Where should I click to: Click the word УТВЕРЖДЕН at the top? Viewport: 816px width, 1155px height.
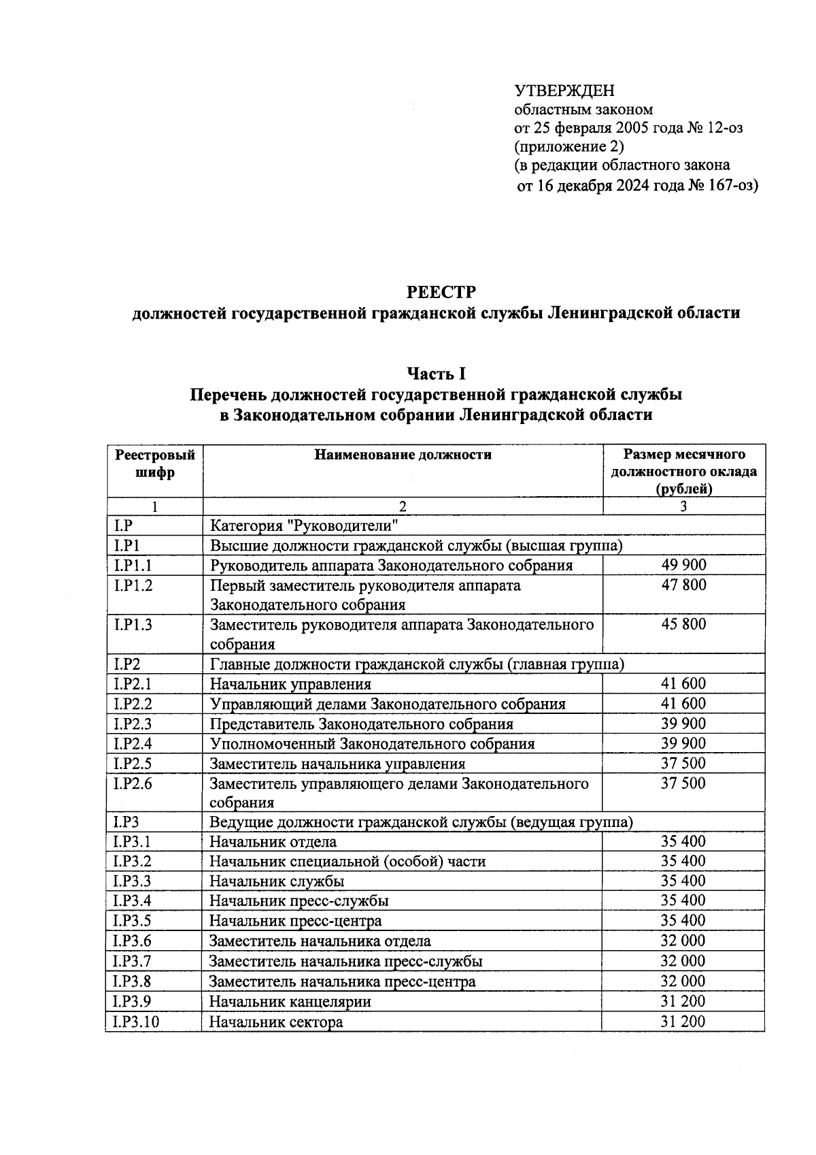[x=564, y=91]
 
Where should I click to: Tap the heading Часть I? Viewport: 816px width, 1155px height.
[x=436, y=373]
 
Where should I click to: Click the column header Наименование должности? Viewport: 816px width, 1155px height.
[x=403, y=455]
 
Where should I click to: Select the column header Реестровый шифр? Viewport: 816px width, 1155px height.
[x=155, y=463]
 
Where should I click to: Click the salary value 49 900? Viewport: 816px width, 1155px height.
[x=683, y=565]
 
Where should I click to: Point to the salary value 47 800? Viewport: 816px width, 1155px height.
[x=683, y=585]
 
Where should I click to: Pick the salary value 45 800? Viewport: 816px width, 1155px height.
[x=683, y=624]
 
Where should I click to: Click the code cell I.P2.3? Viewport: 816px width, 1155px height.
[x=133, y=723]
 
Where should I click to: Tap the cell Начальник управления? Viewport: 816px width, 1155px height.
[x=290, y=685]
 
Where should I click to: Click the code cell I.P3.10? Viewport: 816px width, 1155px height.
[x=137, y=1022]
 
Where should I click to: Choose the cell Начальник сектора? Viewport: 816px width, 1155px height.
[x=275, y=1022]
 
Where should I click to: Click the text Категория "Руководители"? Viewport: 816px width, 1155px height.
[x=303, y=525]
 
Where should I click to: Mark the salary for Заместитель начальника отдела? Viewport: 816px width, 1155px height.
[x=683, y=941]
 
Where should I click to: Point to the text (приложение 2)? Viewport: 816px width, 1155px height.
[x=568, y=146]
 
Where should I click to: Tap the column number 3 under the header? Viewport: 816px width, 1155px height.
[x=683, y=506]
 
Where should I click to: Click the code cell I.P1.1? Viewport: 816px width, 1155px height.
[x=133, y=565]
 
